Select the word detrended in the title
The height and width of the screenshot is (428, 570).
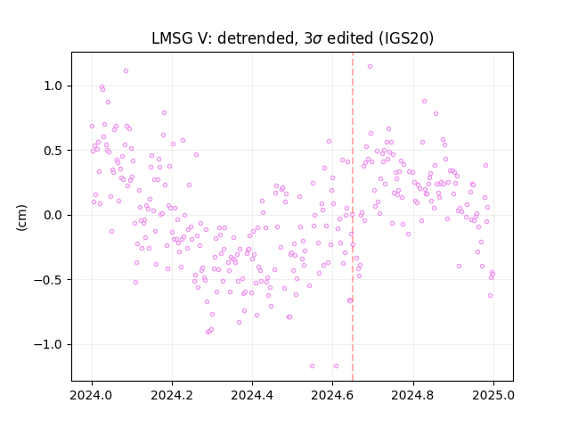tap(256, 38)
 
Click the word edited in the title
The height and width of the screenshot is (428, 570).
tap(350, 38)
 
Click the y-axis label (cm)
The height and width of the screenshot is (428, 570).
tap(21, 218)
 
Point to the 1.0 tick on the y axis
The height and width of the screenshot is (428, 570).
tap(53, 86)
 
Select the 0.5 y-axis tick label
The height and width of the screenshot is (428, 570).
tap(53, 151)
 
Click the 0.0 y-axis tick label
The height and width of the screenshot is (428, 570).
tap(53, 216)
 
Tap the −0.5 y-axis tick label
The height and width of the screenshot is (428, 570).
tap(48, 280)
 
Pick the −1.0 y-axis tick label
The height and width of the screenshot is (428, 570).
tap(48, 345)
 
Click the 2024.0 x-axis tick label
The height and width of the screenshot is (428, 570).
tap(92, 395)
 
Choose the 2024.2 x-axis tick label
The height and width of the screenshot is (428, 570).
tap(172, 395)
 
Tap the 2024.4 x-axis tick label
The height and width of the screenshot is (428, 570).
tap(252, 395)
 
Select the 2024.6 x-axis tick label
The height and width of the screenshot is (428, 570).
tap(332, 395)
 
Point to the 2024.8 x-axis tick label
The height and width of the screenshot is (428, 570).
tap(413, 395)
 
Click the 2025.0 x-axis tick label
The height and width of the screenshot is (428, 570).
tap(493, 395)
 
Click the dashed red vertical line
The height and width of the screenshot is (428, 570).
tap(353, 217)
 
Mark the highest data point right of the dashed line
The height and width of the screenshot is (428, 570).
tap(370, 67)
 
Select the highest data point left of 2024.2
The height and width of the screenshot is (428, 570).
tap(126, 71)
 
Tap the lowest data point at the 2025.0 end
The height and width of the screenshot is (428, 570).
tap(490, 296)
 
